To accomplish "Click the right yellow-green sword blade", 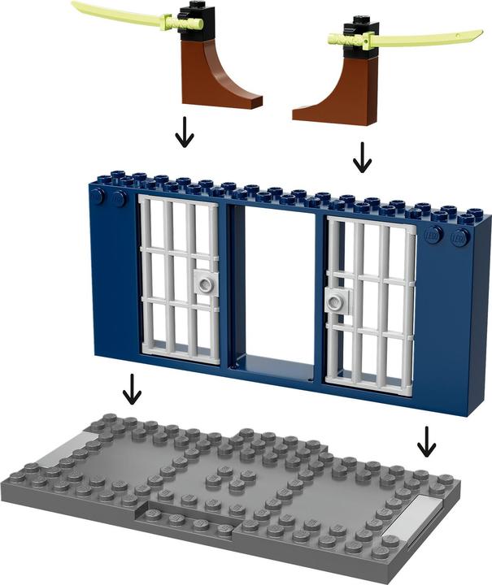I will pyautogui.click(x=431, y=37).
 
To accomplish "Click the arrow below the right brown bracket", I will pyautogui.click(x=363, y=158).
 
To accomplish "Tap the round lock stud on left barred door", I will pyautogui.click(x=203, y=284).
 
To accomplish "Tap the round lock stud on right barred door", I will pyautogui.click(x=333, y=303).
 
